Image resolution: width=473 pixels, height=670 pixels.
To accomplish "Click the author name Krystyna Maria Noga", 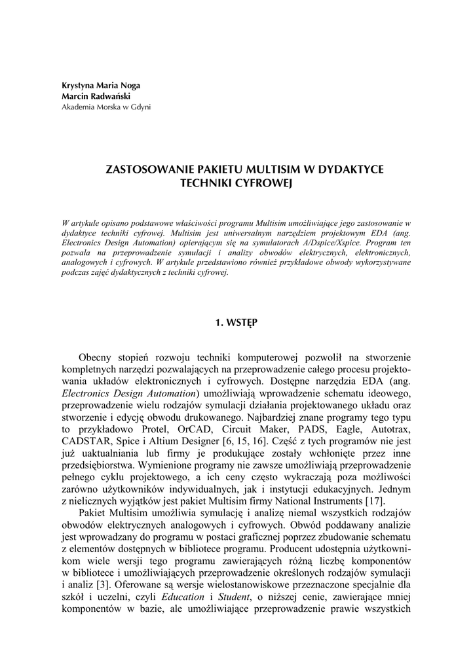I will (x=100, y=85).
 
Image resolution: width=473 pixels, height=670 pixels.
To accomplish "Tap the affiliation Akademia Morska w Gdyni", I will (x=106, y=106).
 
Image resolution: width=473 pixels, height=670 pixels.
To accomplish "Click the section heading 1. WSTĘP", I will (x=236, y=323).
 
